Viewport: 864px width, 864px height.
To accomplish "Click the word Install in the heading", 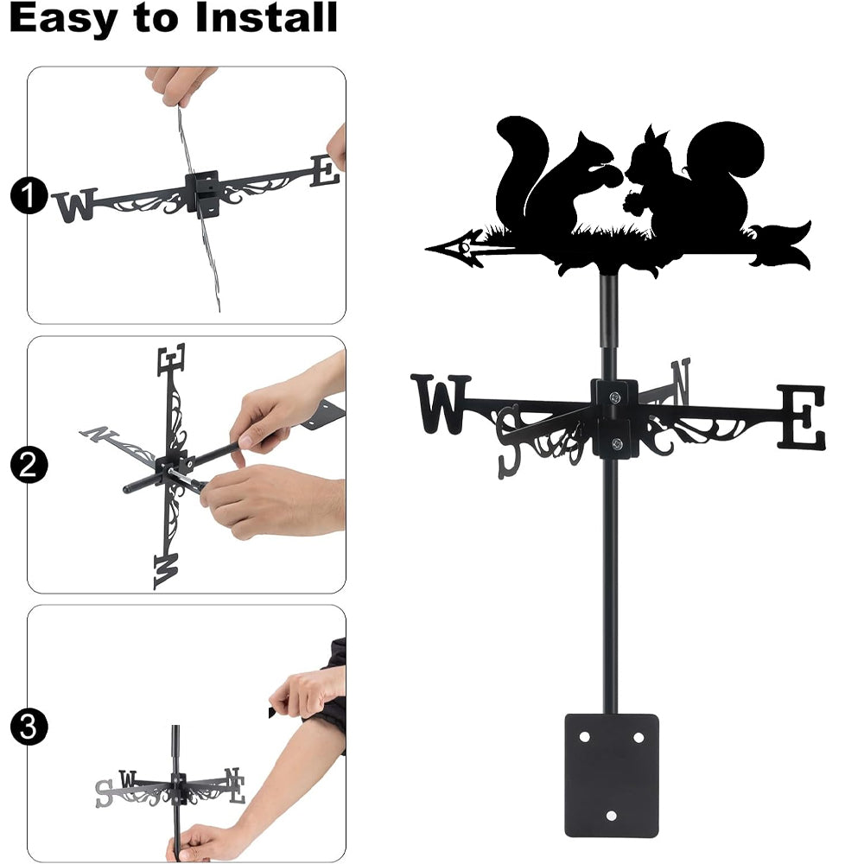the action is click(266, 17).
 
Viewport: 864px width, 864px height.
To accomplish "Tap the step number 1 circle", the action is click(29, 195).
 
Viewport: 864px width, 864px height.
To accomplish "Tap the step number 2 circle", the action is click(29, 465).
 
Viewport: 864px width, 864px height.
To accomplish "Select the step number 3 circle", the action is click(29, 727).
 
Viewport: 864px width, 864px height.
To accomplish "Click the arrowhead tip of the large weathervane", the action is click(426, 249).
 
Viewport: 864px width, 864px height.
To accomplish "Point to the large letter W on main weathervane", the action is click(441, 403).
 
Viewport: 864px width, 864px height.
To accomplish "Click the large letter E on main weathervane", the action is click(801, 417).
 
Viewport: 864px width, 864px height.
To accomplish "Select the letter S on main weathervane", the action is click(509, 441).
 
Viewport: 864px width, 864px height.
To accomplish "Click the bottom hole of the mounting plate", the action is click(611, 816).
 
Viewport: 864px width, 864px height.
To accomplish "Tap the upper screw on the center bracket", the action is click(615, 397).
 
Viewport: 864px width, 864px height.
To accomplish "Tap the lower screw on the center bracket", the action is click(617, 443).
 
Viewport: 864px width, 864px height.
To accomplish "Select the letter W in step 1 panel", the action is click(75, 205).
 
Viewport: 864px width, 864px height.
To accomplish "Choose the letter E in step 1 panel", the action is click(325, 171).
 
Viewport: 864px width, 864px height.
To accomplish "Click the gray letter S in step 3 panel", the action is click(105, 793).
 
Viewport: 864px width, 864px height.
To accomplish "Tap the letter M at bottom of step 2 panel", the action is click(167, 571).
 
